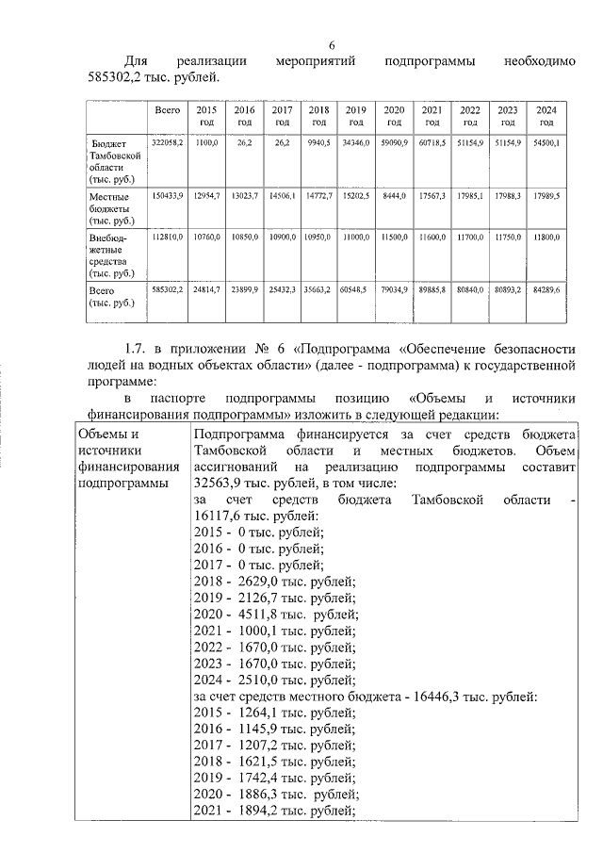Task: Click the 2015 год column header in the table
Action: (206, 116)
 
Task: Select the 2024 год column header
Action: (545, 116)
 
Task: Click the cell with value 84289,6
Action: (544, 289)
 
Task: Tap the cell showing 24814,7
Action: (206, 289)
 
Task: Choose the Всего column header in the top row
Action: (168, 110)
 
